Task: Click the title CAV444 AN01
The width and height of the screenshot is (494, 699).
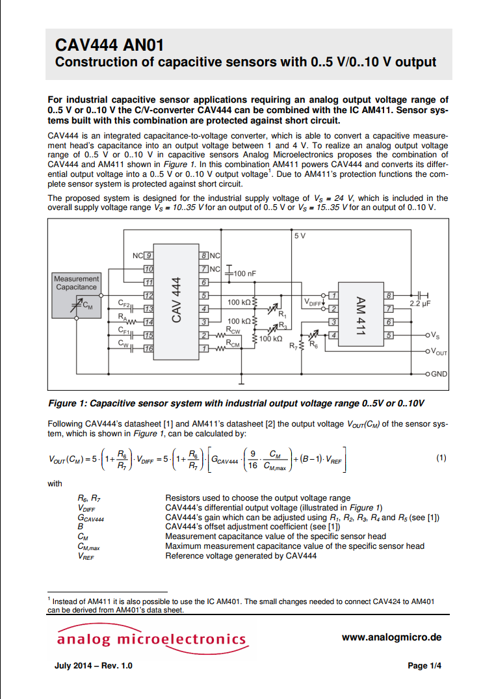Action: point(109,45)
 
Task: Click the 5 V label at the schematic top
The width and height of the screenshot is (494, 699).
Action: point(299,235)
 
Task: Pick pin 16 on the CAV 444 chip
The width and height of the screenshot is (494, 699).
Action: point(148,349)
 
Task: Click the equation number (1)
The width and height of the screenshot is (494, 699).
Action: point(441,458)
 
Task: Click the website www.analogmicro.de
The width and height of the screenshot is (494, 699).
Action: point(391,637)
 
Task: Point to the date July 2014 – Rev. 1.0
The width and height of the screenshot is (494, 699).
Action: point(94,666)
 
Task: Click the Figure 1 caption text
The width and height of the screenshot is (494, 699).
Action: point(240,403)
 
